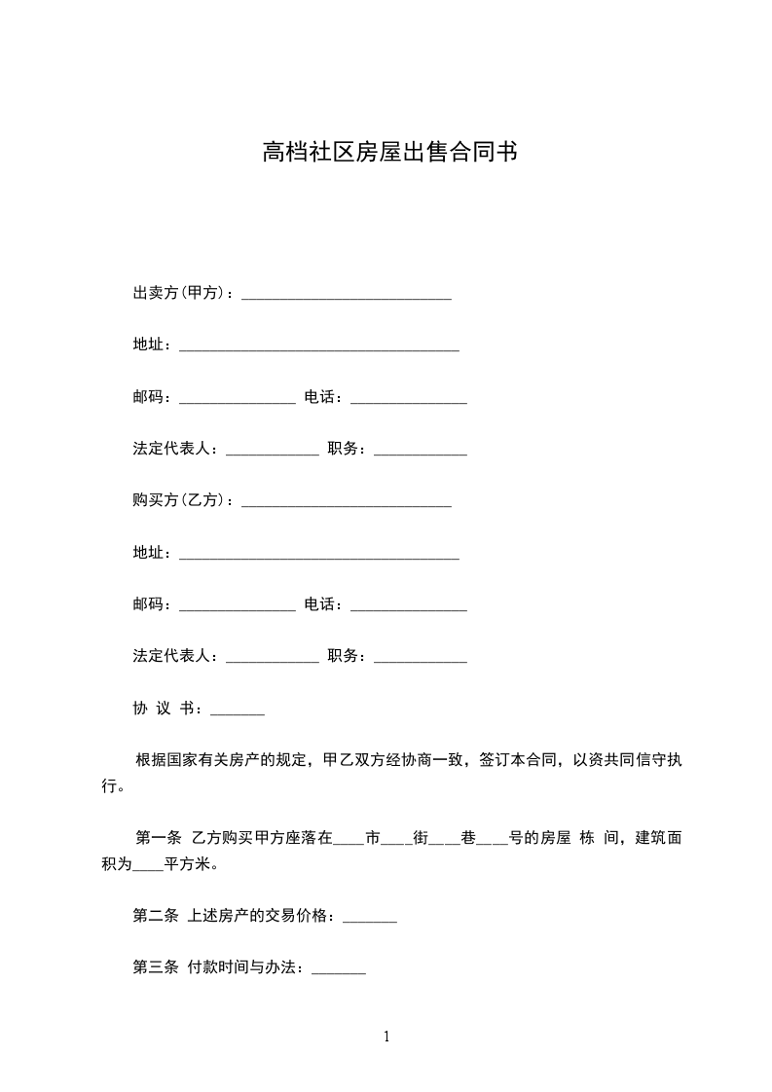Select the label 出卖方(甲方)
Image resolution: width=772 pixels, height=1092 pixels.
click(x=181, y=293)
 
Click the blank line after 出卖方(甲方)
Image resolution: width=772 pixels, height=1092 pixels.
click(x=346, y=296)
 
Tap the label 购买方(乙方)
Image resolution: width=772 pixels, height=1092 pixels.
click(x=181, y=500)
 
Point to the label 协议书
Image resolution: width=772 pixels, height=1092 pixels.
click(x=165, y=709)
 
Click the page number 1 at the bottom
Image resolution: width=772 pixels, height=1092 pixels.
click(x=386, y=1037)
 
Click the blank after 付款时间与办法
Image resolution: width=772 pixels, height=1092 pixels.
click(x=339, y=971)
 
